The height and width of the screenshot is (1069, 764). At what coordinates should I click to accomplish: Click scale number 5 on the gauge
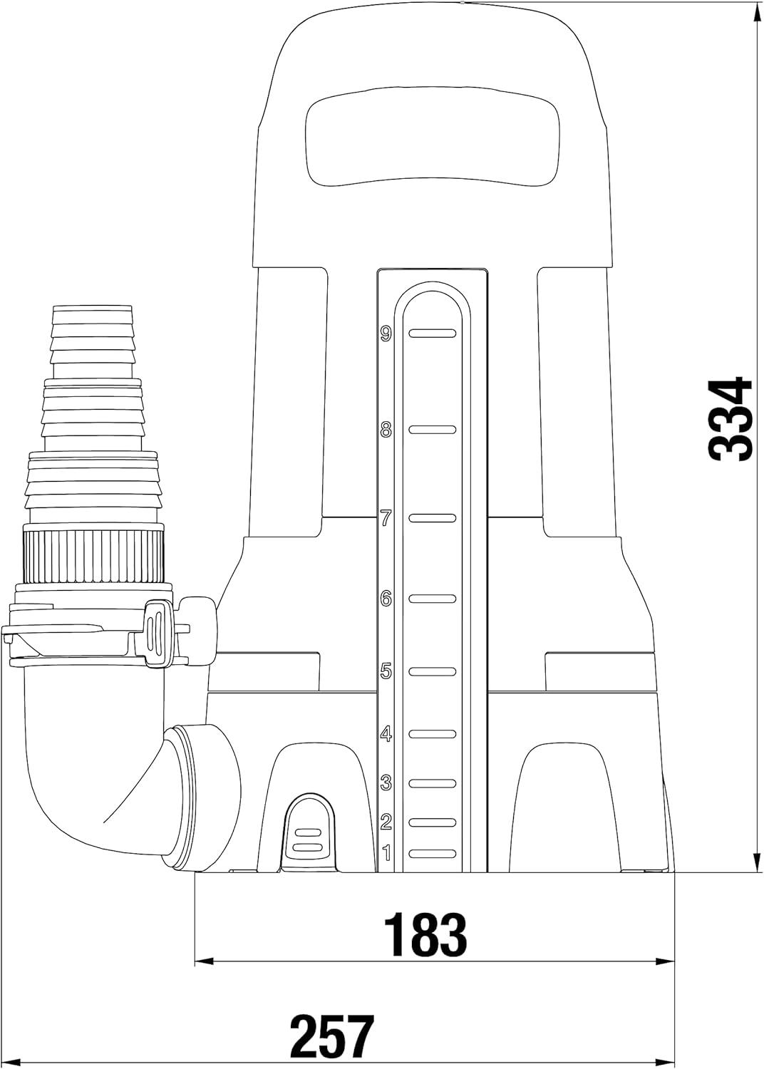point(386,671)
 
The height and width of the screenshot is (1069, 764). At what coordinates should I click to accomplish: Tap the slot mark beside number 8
point(433,430)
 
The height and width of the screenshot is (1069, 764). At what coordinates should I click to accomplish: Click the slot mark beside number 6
point(433,599)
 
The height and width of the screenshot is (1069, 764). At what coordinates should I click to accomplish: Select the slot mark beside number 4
point(433,733)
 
